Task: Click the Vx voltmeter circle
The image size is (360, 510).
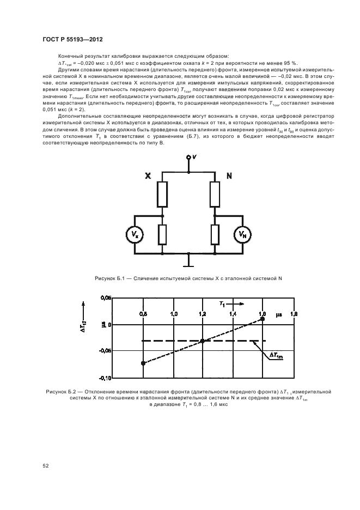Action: click(136, 235)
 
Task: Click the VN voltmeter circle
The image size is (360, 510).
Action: click(242, 235)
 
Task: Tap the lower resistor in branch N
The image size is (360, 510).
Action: click(215, 234)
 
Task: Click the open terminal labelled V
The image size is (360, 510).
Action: click(189, 157)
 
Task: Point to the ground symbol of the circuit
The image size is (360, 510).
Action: click(189, 264)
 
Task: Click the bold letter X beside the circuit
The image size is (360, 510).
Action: click(148, 176)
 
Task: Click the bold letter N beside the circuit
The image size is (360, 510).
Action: click(229, 176)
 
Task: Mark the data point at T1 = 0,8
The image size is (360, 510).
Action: click(143, 363)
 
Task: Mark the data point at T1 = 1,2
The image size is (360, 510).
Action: click(203, 341)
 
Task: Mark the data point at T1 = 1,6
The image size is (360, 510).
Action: click(263, 318)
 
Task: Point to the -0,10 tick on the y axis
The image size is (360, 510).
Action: click(106, 378)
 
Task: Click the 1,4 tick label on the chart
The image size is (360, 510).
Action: click(233, 314)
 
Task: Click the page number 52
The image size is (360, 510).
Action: click(46, 465)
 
